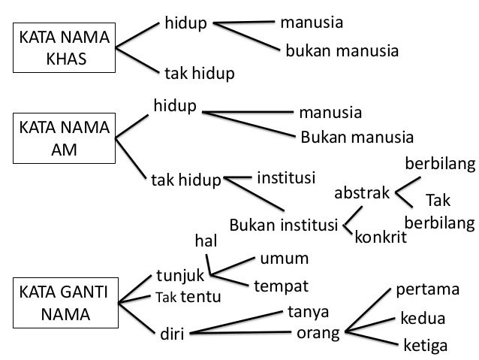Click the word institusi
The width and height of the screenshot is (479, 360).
(x=287, y=178)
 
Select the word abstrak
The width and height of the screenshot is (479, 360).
(x=362, y=192)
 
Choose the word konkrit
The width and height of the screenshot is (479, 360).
(x=380, y=238)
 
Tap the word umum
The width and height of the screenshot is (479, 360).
(x=285, y=259)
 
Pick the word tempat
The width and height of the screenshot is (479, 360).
(x=282, y=287)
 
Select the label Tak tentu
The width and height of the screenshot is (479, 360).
(x=188, y=297)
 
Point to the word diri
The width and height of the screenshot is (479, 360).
(x=174, y=331)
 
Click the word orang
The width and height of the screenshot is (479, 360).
(x=314, y=331)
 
